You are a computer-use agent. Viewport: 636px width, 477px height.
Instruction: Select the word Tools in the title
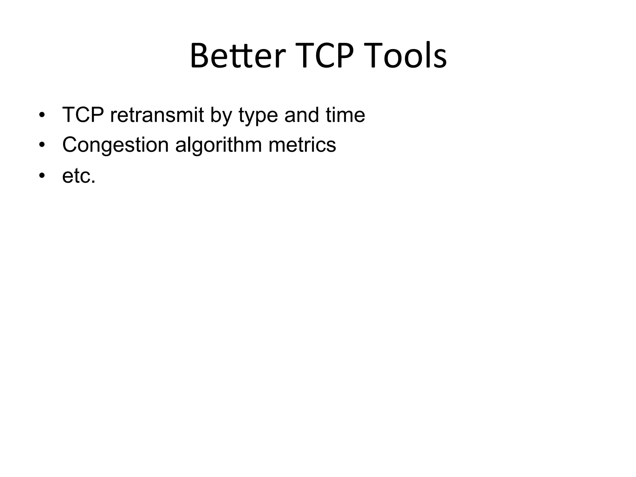click(x=407, y=56)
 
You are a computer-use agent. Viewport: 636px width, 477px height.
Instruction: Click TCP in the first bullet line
click(x=83, y=115)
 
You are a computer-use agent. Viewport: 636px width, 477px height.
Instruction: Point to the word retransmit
click(x=157, y=115)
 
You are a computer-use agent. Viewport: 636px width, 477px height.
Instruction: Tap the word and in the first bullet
click(x=302, y=115)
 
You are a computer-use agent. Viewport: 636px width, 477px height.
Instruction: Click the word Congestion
click(x=115, y=145)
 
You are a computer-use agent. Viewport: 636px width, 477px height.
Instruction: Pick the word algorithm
click(x=218, y=145)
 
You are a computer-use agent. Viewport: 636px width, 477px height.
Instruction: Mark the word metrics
click(x=302, y=145)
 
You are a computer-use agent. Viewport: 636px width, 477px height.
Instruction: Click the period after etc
click(x=93, y=183)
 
